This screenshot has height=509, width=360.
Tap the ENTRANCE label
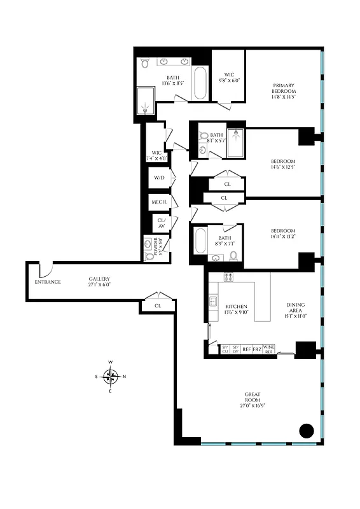coord(48,282)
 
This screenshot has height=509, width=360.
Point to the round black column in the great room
coord(307,431)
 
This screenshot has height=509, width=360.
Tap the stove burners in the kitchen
coord(229,277)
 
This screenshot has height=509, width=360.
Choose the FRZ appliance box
coord(257,350)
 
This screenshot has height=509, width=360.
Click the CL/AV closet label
coord(160,223)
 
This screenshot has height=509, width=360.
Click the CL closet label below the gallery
coord(157,306)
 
